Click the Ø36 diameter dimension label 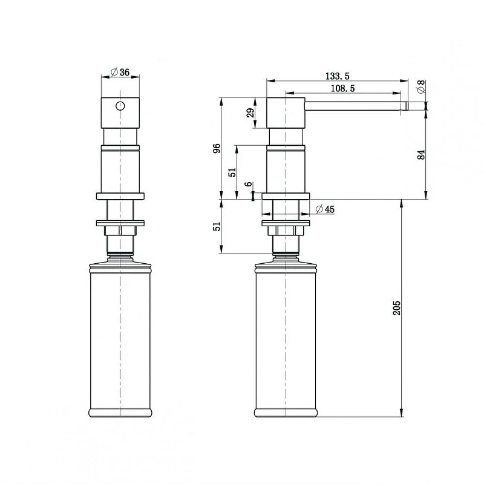click(x=120, y=72)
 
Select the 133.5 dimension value click(x=338, y=76)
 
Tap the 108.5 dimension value click(x=342, y=88)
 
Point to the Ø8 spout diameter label click(x=421, y=87)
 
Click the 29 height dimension click(x=250, y=113)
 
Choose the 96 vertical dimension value click(x=217, y=148)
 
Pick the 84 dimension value click(x=421, y=155)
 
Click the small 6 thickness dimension click(x=249, y=185)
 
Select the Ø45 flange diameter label click(x=325, y=209)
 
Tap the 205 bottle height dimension click(x=397, y=308)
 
